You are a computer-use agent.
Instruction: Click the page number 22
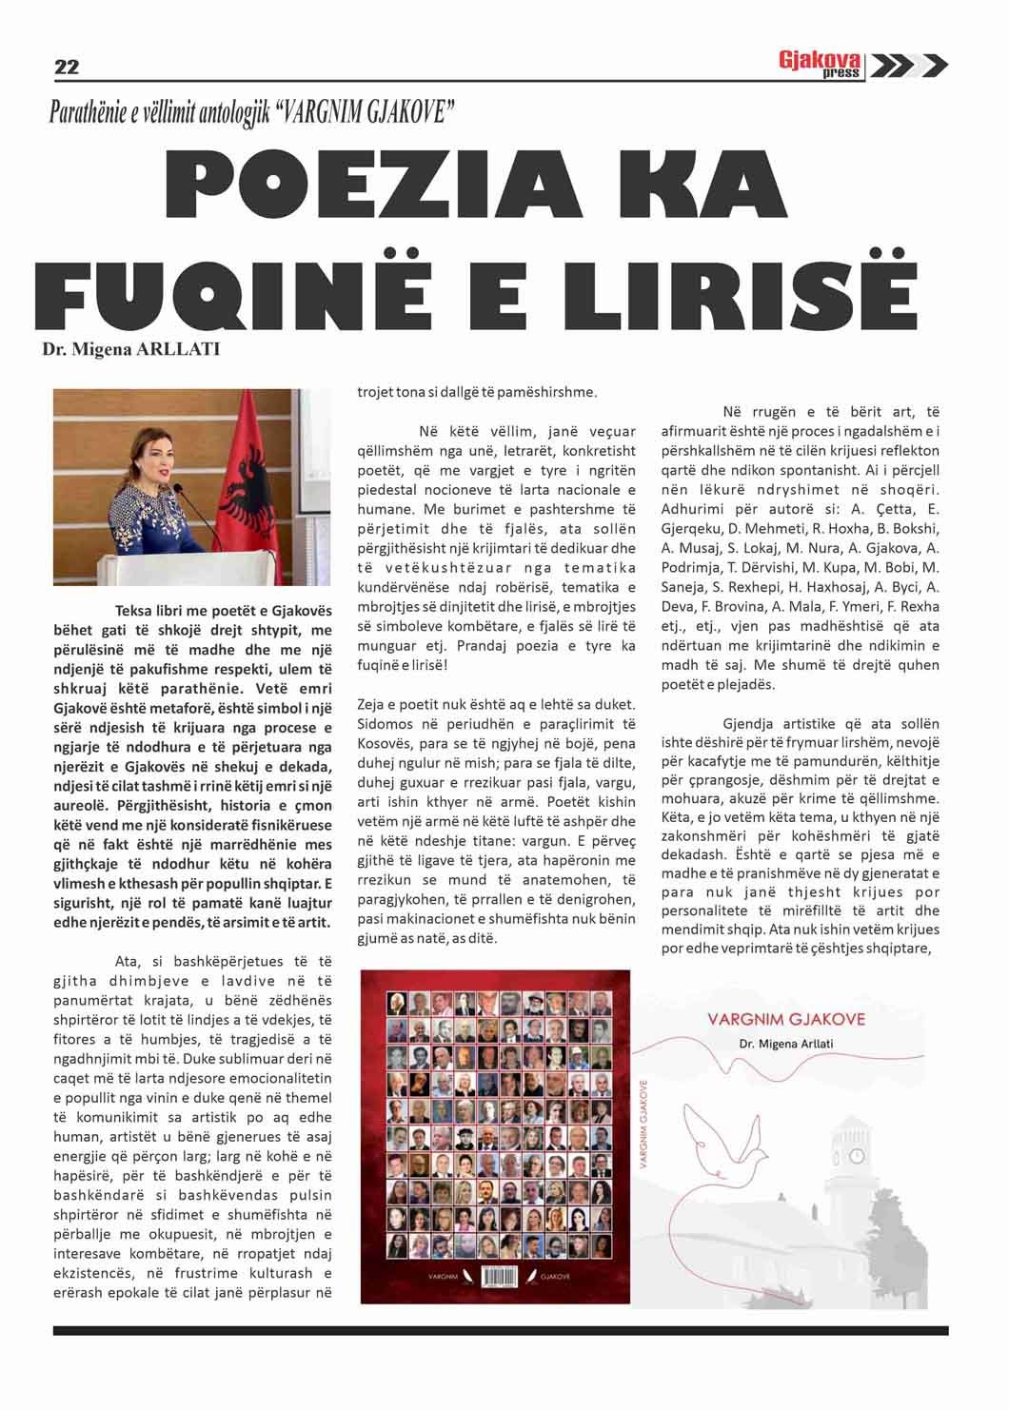point(67,67)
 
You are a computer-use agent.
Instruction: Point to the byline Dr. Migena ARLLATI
point(130,349)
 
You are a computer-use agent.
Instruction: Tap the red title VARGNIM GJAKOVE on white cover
point(786,1019)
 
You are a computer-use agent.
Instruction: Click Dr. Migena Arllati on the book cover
point(786,1044)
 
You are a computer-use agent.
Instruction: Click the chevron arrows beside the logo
point(908,65)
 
